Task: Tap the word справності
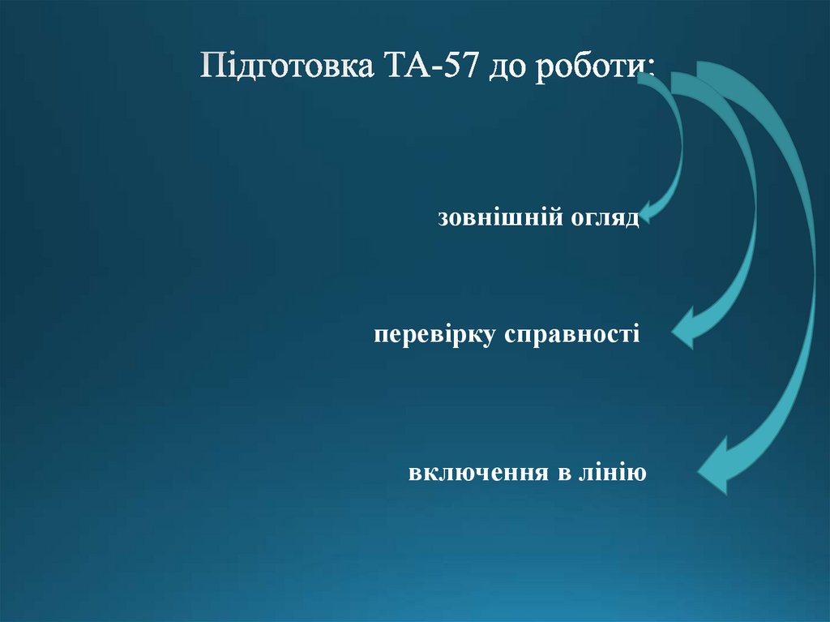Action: coord(573,335)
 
